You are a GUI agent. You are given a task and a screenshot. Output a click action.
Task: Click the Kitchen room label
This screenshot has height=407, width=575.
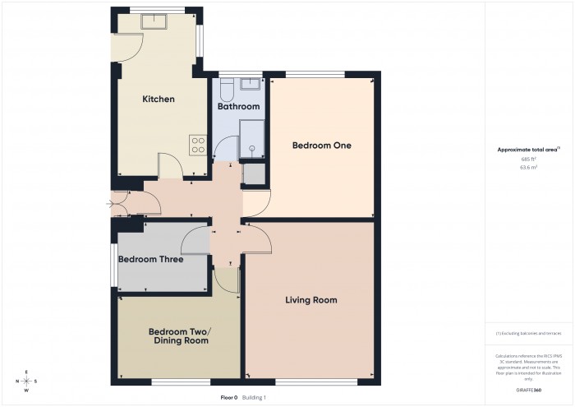pos(159,99)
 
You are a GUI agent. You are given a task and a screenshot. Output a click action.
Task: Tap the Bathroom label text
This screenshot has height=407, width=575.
pos(238,107)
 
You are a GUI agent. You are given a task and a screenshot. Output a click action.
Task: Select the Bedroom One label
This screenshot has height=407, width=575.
pos(322,146)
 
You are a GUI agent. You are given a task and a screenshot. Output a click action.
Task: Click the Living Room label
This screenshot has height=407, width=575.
pos(311,300)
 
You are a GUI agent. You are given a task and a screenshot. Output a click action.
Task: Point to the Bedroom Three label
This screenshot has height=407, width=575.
pos(150,259)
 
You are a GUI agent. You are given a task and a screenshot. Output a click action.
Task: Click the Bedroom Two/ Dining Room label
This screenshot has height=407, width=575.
pos(179,335)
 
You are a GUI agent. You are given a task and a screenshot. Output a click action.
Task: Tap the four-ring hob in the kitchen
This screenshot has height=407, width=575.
pos(198,145)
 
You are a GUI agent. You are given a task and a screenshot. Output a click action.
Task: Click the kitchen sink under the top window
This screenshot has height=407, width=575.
pos(154,21)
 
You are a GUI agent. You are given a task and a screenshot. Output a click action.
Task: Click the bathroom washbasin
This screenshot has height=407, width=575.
pos(249,83)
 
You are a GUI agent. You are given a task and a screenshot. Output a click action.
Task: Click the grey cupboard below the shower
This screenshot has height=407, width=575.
pos(254,174)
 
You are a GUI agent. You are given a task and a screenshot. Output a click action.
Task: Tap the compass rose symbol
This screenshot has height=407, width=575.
pos(26,381)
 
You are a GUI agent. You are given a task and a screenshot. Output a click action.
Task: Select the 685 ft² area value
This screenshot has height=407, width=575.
pos(528,159)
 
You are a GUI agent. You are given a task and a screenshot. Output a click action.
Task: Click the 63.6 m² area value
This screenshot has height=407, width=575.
pos(528,167)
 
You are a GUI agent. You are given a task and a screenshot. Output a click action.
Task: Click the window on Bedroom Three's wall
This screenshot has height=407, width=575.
pos(114,265)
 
